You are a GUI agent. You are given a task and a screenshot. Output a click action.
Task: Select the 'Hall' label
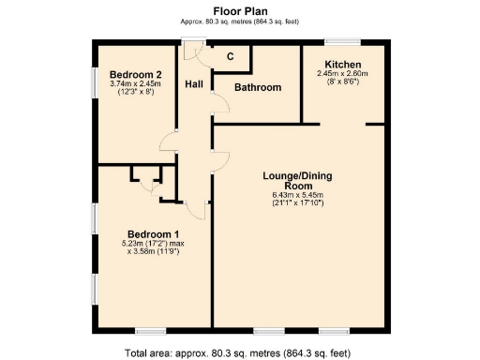193,83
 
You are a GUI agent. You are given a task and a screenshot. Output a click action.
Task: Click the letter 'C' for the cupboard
231,57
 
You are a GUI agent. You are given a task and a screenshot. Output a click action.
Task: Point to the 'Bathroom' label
258,87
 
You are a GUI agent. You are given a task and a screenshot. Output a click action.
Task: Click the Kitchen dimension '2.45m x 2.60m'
342,73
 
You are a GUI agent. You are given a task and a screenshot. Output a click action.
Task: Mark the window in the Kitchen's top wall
340,40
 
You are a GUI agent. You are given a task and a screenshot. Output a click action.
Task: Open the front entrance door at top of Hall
194,41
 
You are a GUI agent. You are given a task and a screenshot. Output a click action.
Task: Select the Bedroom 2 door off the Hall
167,141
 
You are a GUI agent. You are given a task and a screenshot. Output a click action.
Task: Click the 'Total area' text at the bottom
238,352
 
